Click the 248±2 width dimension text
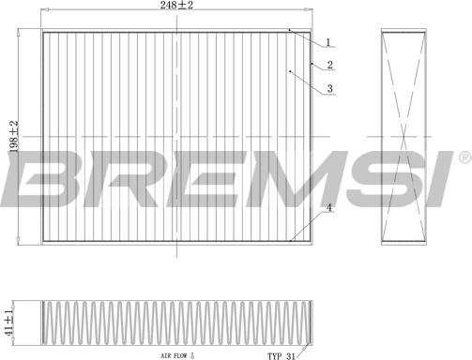[x=176, y=5]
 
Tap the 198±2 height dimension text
[x=14, y=136]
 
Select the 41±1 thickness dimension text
[x=9, y=323]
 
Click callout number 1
[x=328, y=42]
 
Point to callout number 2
[x=330, y=65]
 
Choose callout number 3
[x=330, y=89]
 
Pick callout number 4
[x=328, y=207]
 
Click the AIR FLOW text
[x=174, y=355]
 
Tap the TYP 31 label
[x=281, y=356]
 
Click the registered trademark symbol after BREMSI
[x=465, y=157]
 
